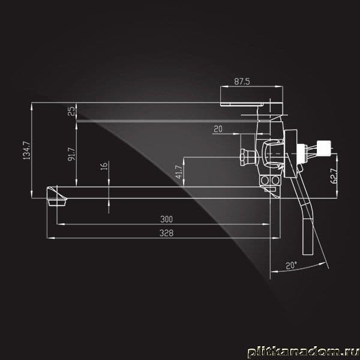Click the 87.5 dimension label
242,82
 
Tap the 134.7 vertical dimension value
26,151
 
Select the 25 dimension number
71,111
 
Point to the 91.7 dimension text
71,154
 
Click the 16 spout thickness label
104,166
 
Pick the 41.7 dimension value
179,172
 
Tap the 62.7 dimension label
334,176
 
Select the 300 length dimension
166,219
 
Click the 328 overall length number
166,233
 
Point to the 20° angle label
291,265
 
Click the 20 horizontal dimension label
218,129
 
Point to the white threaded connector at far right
324,148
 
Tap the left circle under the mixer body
265,181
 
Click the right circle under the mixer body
275,181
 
